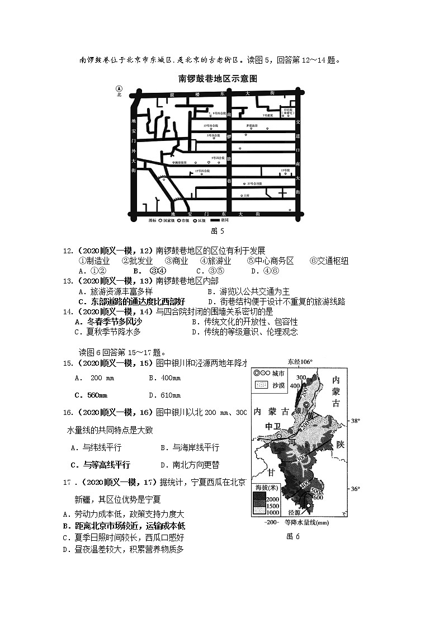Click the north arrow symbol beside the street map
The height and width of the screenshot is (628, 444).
tap(119, 89)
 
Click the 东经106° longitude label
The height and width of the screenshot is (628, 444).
tap(300, 362)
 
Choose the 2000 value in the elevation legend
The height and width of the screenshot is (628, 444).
tap(272, 499)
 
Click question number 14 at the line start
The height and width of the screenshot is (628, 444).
tap(69, 311)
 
